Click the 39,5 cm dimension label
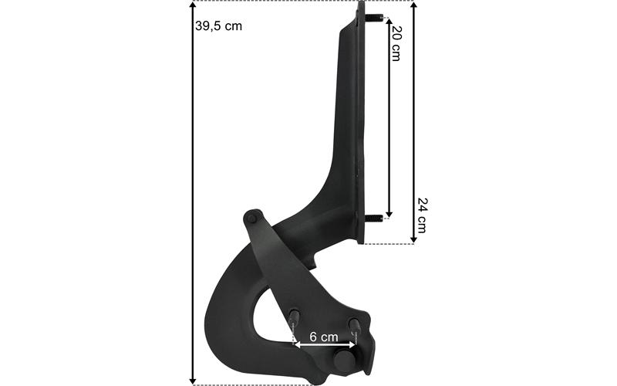[x=218, y=26]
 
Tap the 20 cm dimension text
[x=396, y=44]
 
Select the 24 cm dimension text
[x=422, y=215]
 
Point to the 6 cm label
[x=323, y=337]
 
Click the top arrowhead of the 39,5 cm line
[x=192, y=4]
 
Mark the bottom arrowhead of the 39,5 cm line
[x=192, y=381]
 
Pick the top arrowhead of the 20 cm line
[x=389, y=22]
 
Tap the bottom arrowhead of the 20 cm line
[x=389, y=214]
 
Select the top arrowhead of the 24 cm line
[x=413, y=4]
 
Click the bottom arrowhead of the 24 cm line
[x=413, y=239]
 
